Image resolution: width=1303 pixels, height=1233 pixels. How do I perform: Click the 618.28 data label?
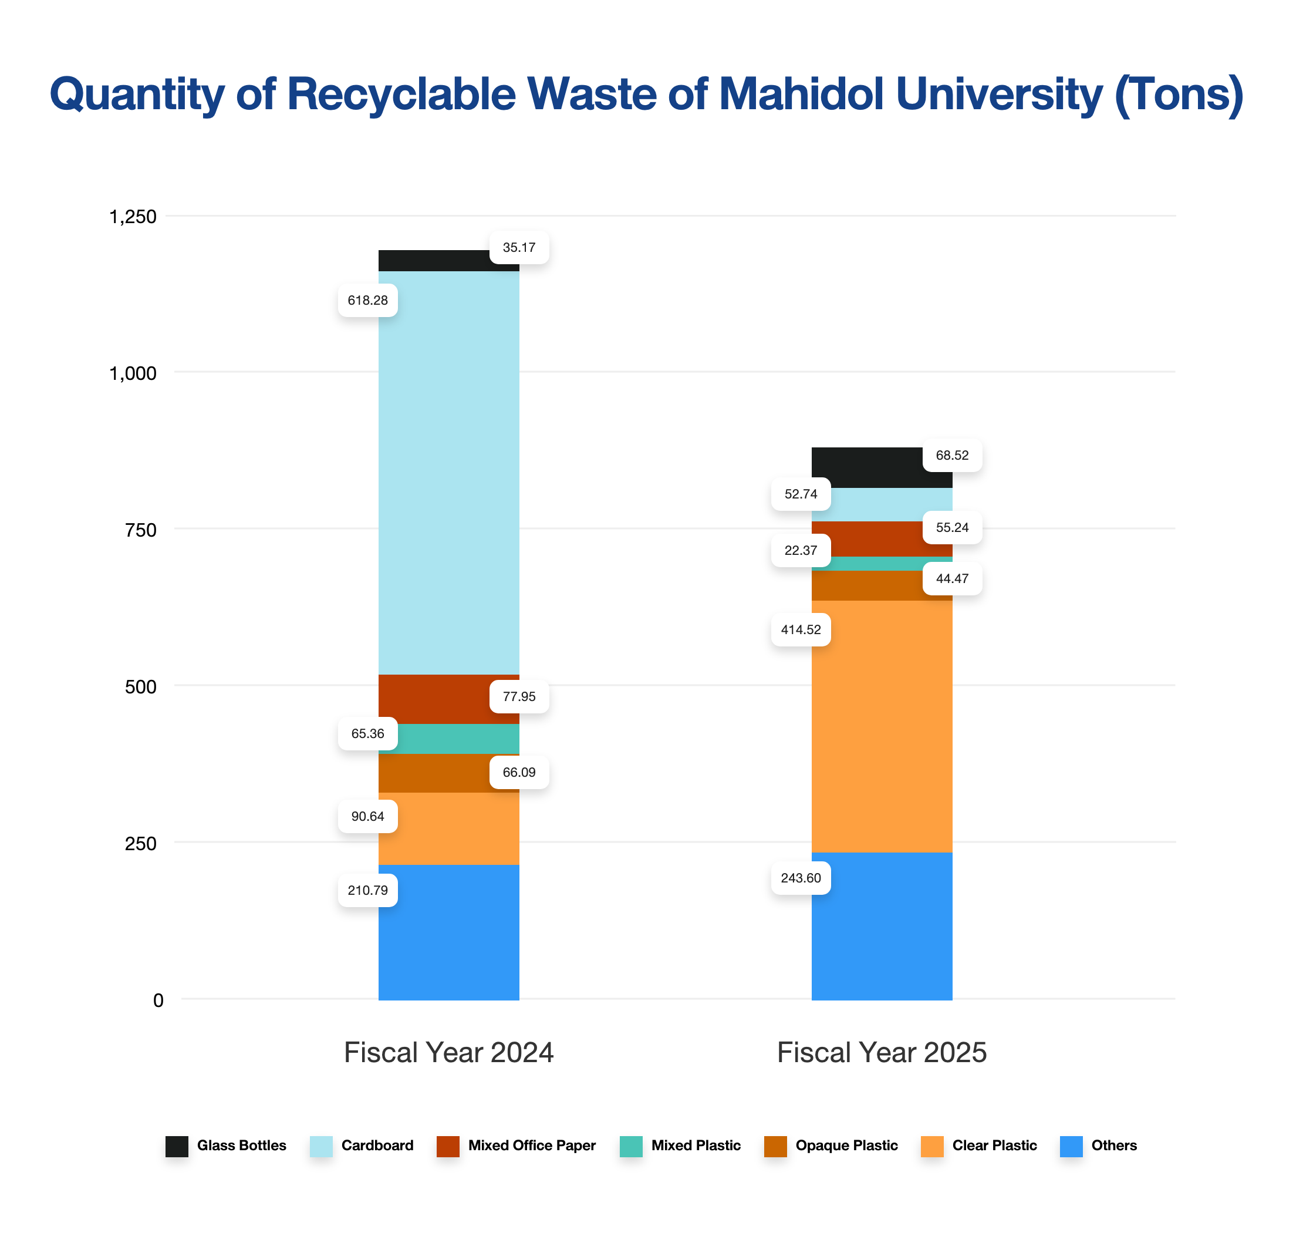(367, 301)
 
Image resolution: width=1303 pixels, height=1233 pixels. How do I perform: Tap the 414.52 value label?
(801, 629)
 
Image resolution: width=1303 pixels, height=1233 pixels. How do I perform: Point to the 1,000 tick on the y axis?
(132, 373)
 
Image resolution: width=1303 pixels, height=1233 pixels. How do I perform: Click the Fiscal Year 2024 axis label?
(448, 1052)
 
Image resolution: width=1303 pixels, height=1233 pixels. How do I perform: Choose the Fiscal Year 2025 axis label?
(881, 1052)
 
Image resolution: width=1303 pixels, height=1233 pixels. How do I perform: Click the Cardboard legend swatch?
(320, 1146)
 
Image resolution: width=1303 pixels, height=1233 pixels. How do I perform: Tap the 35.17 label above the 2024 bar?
(518, 248)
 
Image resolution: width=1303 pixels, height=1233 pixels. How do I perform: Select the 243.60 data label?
(801, 878)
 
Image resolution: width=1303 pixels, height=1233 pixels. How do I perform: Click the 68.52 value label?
(951, 456)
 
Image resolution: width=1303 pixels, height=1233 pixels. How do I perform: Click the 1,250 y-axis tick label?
(132, 216)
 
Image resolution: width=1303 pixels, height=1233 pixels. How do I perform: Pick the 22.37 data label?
(801, 551)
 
